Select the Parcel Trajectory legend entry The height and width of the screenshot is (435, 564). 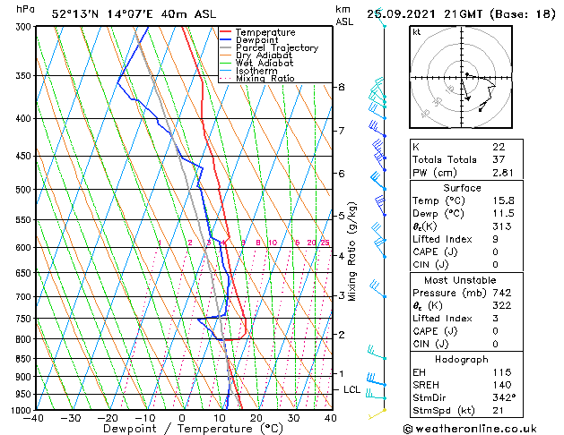coord(276,48)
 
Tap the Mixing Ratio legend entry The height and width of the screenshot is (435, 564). coord(265,80)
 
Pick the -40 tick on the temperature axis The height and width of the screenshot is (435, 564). coord(35,419)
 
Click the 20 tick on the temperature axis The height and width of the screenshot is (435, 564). coord(256,419)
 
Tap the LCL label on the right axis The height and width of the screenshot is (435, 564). coord(352,390)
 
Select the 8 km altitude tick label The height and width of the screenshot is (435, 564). coord(342,87)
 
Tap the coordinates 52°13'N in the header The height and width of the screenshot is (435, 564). coord(74,13)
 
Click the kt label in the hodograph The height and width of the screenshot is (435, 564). coord(416,32)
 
